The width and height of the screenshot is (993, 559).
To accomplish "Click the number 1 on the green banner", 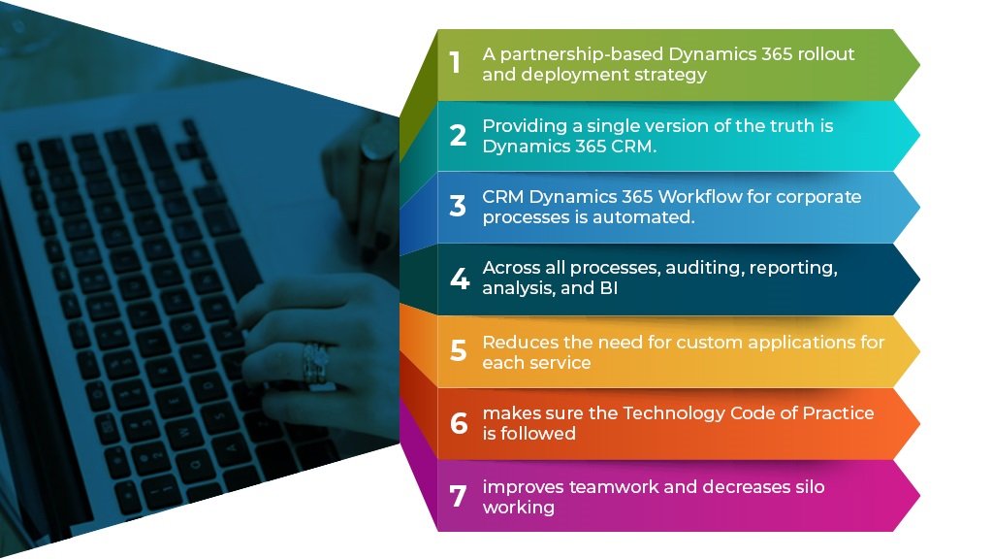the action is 455,63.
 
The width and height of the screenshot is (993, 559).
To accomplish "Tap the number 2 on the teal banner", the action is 458,135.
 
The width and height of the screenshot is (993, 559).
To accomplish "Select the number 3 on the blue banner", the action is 458,206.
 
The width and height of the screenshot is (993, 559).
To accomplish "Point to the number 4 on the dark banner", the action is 460,279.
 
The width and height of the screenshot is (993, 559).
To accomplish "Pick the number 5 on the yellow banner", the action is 459,350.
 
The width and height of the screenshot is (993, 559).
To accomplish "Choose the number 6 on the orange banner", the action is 459,423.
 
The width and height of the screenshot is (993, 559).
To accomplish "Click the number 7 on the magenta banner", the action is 458,496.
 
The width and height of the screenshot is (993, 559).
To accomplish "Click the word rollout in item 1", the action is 826,54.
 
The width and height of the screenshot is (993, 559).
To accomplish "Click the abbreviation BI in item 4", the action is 609,287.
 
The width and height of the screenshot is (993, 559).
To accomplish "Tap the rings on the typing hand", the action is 315,364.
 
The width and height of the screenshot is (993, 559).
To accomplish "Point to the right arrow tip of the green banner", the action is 919,63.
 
